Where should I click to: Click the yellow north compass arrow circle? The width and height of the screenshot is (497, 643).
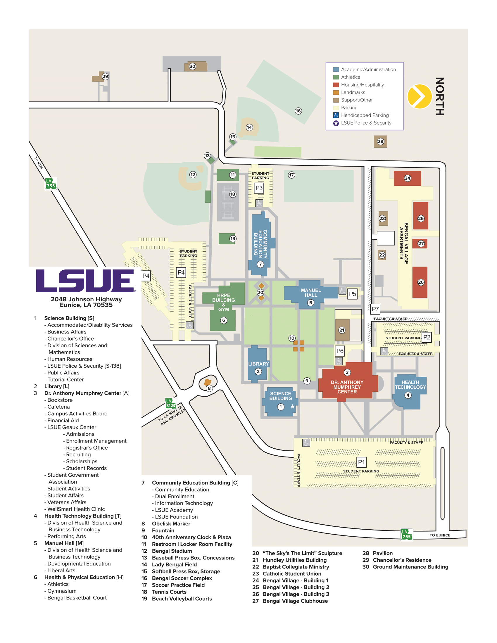point(419,96)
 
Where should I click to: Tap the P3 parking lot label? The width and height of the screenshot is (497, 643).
point(259,188)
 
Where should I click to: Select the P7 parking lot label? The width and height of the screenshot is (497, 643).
point(375,309)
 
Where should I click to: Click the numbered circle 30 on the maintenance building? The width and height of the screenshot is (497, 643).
point(192,66)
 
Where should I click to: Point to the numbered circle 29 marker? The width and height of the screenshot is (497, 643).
point(105,77)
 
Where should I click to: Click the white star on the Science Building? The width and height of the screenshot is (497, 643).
point(292,407)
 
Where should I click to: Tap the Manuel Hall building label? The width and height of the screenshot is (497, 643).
point(311,293)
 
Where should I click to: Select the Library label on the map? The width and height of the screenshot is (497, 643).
point(258,364)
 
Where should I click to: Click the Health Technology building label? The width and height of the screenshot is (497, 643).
point(410,385)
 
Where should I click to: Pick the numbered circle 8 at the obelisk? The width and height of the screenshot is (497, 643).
point(209,388)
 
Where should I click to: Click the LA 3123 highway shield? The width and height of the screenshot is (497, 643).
point(170,403)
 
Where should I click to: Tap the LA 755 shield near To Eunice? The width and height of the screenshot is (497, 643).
point(407,534)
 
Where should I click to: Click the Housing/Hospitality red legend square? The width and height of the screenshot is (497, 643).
point(336,85)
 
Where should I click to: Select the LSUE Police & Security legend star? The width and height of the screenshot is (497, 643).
point(336,123)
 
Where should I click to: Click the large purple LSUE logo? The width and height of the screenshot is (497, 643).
point(86,281)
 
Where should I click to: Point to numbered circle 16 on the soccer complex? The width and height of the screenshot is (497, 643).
point(298,111)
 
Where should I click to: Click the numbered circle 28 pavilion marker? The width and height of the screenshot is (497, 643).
point(380,141)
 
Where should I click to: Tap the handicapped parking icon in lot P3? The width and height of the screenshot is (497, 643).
point(259,203)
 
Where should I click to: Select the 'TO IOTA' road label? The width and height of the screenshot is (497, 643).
point(39,163)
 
